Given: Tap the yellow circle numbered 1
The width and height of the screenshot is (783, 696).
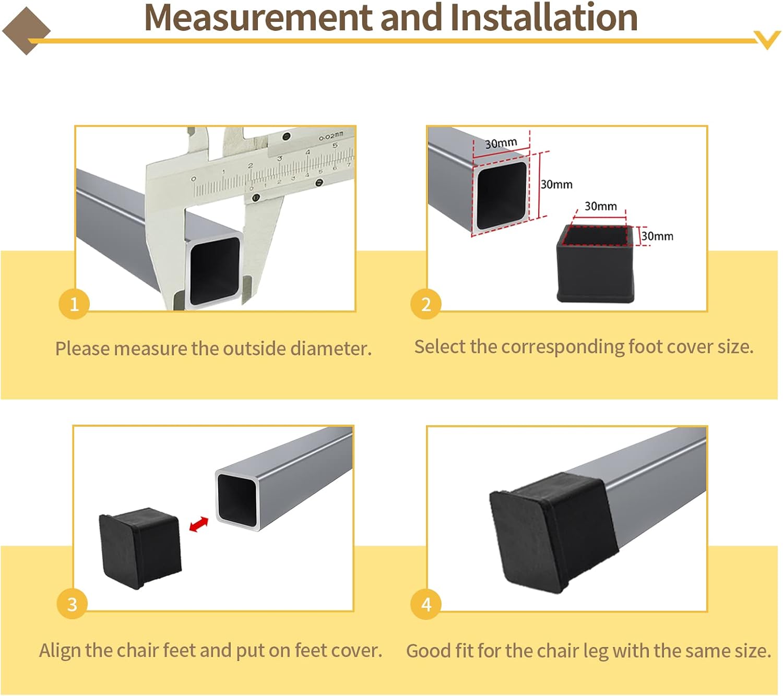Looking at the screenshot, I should [74, 304].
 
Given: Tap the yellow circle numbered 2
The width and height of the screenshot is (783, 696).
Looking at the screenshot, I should [426, 304].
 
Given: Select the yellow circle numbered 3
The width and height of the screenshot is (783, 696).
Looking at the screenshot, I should [73, 604].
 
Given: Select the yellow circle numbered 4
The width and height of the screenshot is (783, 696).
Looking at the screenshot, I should [426, 604].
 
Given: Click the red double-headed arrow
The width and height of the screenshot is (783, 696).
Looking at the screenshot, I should [198, 524].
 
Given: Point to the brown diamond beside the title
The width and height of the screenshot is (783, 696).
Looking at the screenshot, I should [26, 31].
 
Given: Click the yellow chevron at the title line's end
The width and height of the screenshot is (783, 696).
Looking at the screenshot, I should [767, 40].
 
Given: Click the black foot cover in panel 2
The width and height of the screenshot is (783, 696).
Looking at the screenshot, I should [597, 266].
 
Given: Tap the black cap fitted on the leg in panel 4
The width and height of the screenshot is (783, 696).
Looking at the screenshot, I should [553, 532].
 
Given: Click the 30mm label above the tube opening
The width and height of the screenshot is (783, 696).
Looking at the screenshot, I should [501, 143].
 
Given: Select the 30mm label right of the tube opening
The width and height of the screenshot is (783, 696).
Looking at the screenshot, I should [556, 185].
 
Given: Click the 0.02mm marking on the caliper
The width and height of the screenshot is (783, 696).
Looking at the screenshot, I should [331, 137].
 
